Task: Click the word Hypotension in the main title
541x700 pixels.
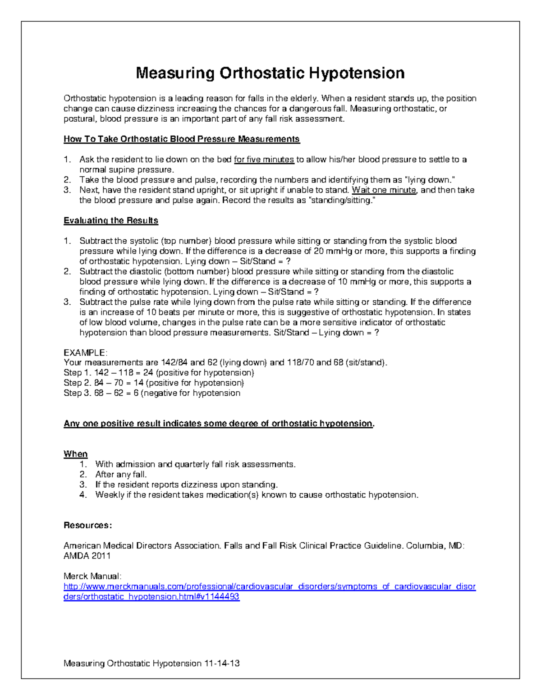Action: [x=357, y=73]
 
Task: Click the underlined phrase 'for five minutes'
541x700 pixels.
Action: [x=264, y=160]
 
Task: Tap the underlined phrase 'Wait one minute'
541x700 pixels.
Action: [x=384, y=190]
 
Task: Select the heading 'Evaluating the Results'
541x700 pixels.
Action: [x=111, y=221]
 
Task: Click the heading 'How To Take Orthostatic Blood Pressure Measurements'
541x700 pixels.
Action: [x=182, y=139]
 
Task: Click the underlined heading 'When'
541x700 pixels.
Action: [x=75, y=454]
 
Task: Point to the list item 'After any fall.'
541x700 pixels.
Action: [x=121, y=475]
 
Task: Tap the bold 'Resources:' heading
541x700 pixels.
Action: [x=87, y=526]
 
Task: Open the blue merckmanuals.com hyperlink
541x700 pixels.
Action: [x=270, y=587]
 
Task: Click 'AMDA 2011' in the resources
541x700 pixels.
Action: [x=87, y=556]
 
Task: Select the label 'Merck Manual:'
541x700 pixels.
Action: [x=92, y=576]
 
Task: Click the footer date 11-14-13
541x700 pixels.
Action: [x=222, y=663]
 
